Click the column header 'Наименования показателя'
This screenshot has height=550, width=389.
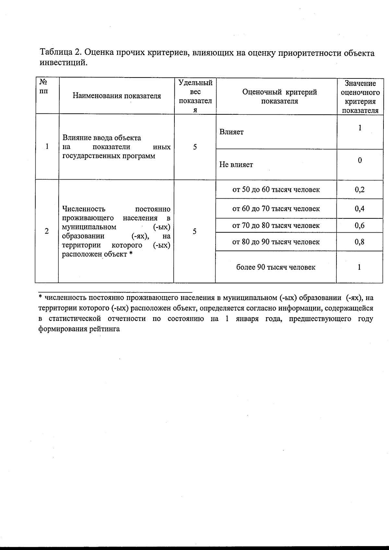click(117, 96)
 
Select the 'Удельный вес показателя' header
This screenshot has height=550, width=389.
click(195, 96)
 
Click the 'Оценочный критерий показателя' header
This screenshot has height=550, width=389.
click(279, 97)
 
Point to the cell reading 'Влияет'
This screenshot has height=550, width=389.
click(231, 132)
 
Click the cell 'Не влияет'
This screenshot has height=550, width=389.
click(236, 165)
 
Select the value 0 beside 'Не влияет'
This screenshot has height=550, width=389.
click(360, 160)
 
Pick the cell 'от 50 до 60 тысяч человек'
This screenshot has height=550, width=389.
click(276, 190)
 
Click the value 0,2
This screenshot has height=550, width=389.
click(360, 190)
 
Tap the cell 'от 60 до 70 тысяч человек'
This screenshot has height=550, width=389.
click(276, 209)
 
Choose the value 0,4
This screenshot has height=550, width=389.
click(360, 209)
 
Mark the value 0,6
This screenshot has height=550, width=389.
click(360, 226)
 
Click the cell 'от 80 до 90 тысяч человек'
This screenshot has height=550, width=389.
click(276, 242)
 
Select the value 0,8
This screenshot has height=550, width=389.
click(360, 242)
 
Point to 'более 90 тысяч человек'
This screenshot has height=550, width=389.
click(276, 267)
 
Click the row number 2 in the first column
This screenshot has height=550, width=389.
click(47, 231)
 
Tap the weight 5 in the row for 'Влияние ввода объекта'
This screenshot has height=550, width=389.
click(195, 147)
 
